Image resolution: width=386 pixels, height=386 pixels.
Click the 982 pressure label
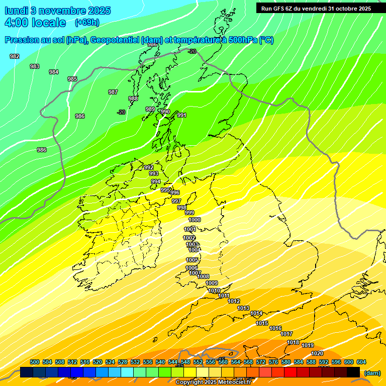click(15, 56)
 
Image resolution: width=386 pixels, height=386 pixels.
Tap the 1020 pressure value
click(317, 353)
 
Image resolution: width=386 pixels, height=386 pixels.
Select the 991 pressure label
click(182, 115)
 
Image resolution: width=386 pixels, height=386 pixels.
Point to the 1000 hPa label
click(195, 220)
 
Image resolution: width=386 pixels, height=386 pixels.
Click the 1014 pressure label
click(256, 313)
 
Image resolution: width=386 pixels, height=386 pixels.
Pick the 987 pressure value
click(113, 92)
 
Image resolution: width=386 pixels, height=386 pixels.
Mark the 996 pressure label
click(175, 192)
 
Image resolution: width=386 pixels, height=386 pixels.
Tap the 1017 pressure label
click(286, 334)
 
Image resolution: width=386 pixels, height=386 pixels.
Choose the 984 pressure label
click(54, 72)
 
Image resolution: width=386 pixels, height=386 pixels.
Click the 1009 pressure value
click(212, 283)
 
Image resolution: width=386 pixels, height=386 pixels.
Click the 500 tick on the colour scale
click(35, 362)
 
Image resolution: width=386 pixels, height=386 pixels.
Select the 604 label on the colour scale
click(361, 362)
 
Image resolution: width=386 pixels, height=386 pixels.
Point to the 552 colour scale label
click(198, 362)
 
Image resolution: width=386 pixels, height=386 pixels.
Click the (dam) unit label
click(372, 373)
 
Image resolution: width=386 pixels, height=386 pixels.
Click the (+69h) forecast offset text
click(87, 22)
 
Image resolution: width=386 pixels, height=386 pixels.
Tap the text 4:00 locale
click(35, 23)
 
